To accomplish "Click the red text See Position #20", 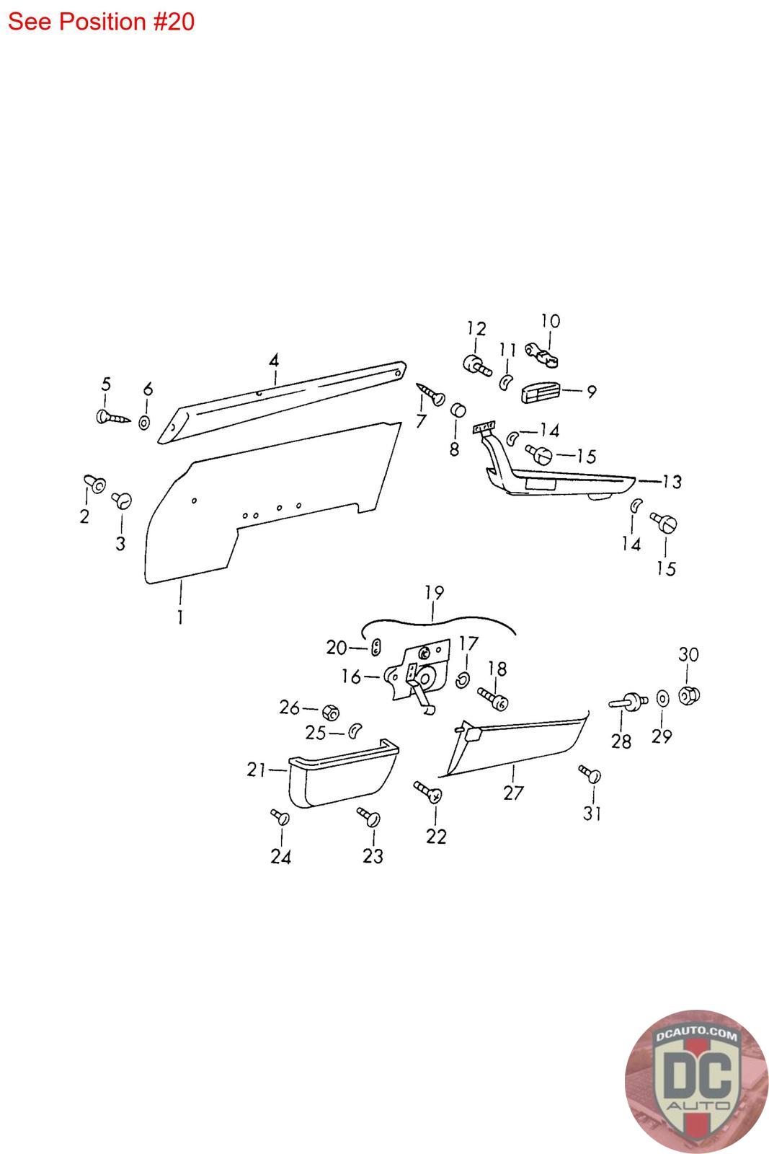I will click(x=101, y=22).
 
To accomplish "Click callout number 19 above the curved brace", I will click(x=434, y=593).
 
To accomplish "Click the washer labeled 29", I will click(x=662, y=698).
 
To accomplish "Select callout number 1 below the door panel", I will click(x=179, y=617).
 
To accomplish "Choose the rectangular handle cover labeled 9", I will click(x=540, y=393).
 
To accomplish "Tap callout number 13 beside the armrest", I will click(x=672, y=481).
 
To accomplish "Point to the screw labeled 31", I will click(x=590, y=775).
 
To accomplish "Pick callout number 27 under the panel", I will click(x=513, y=793).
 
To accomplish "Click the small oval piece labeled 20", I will click(x=376, y=648).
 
